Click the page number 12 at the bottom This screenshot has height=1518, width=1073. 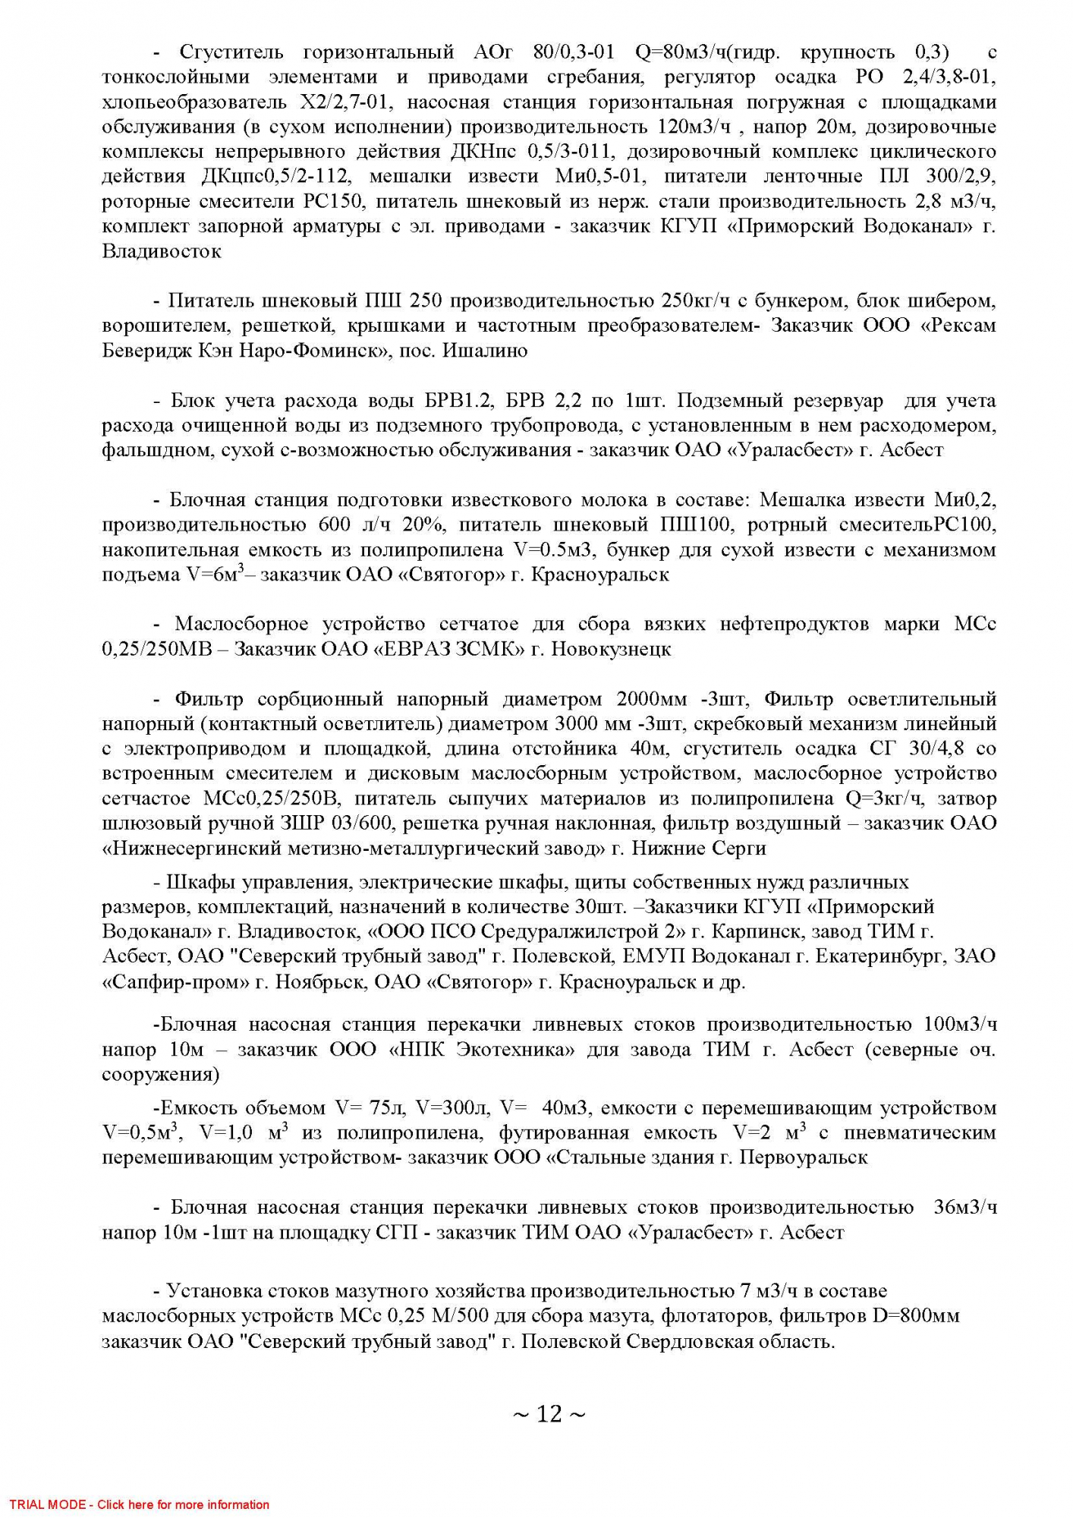[549, 1413]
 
